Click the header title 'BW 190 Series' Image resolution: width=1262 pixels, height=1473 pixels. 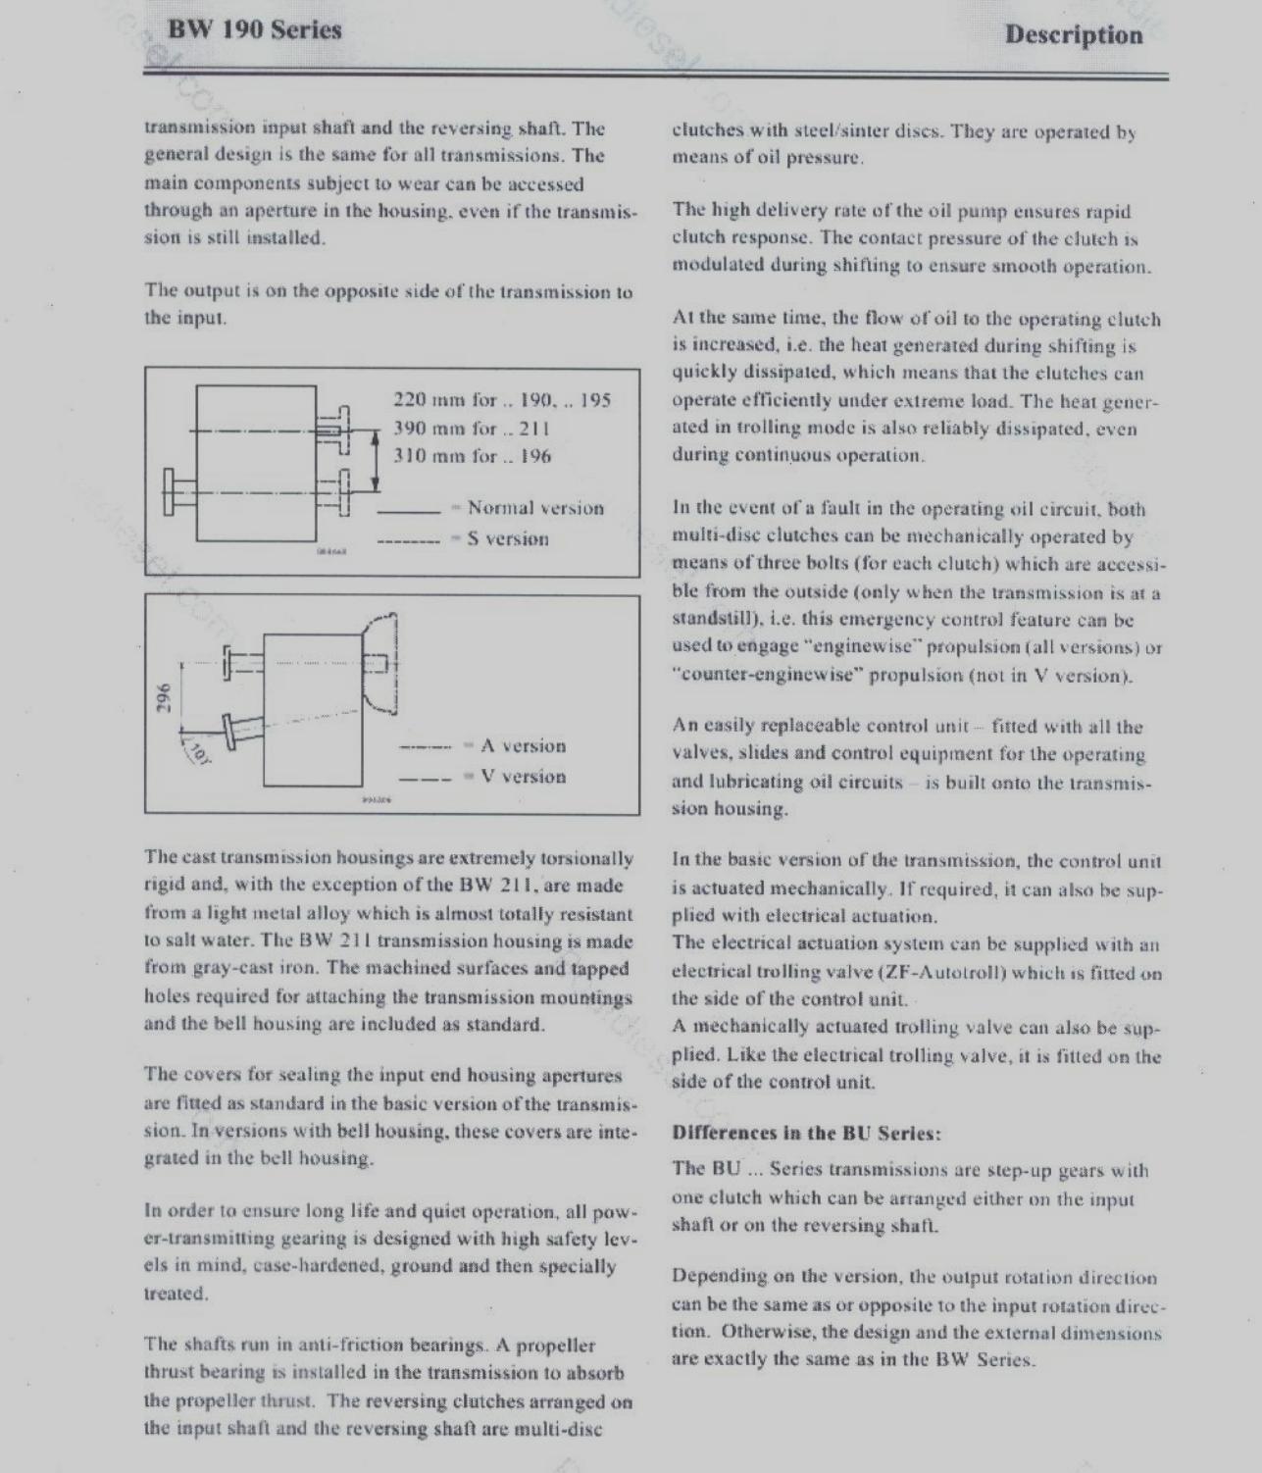click(255, 29)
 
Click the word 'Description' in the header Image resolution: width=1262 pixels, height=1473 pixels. click(1074, 35)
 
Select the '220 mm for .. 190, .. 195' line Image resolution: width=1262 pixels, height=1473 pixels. click(501, 400)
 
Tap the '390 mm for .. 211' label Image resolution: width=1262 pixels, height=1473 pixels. click(471, 429)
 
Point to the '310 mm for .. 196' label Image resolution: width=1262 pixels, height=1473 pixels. click(472, 456)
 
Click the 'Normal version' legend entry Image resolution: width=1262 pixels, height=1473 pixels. click(535, 508)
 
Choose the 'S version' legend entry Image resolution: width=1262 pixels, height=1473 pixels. click(508, 538)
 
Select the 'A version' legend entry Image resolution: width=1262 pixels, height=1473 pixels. click(523, 746)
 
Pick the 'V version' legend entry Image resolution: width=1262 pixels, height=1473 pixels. click(523, 777)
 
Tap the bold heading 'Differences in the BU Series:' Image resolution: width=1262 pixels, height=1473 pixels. click(806, 1133)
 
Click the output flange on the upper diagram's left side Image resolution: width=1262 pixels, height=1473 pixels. click(173, 491)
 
